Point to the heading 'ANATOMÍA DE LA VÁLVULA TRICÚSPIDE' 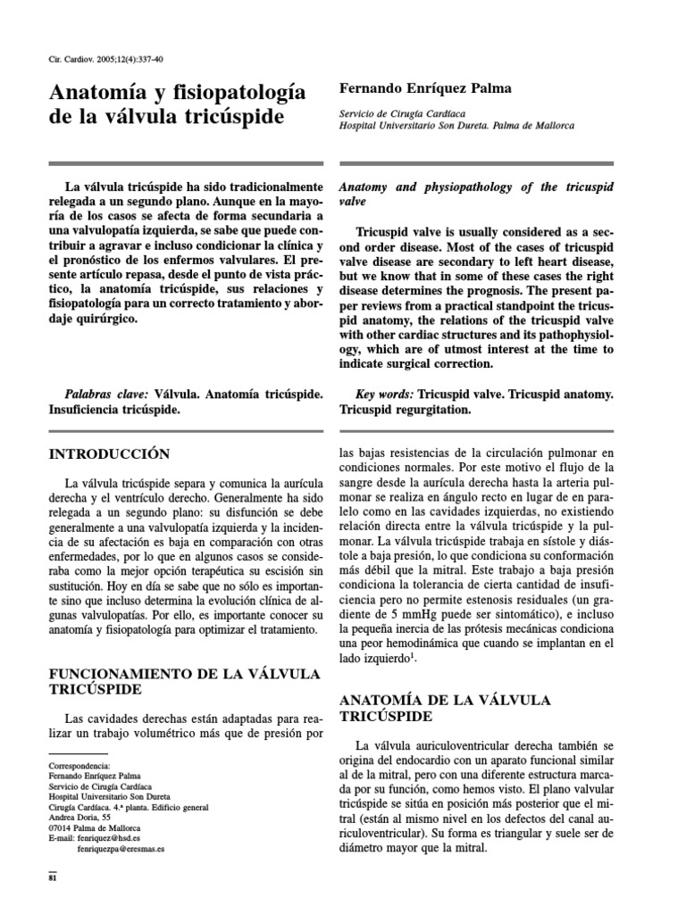click(x=445, y=708)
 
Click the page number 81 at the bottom click(x=52, y=877)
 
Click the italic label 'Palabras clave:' click(x=108, y=394)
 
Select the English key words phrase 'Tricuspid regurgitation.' click(x=403, y=410)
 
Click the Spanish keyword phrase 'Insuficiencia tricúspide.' click(x=114, y=410)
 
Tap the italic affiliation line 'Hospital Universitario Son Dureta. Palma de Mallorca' click(x=456, y=127)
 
